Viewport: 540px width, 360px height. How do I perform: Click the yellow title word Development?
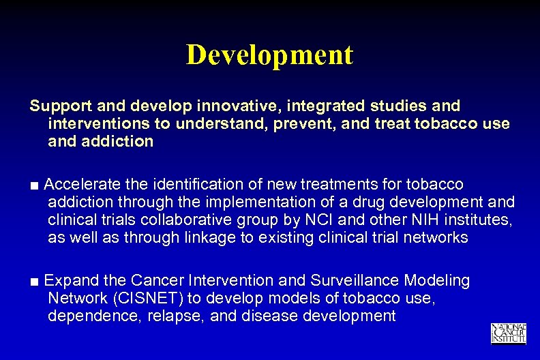point(269,55)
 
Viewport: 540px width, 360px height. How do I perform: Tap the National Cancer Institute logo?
point(508,333)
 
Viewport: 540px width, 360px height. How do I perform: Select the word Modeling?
point(438,281)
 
